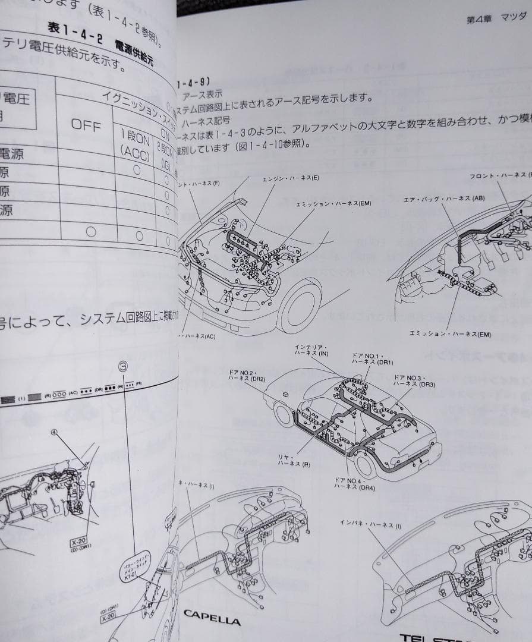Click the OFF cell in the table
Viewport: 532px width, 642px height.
click(x=87, y=125)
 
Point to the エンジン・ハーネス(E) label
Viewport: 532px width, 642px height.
click(x=291, y=178)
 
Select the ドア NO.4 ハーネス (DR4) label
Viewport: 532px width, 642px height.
click(x=355, y=483)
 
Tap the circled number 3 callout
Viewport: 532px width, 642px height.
click(x=124, y=367)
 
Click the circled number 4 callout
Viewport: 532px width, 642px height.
click(x=55, y=433)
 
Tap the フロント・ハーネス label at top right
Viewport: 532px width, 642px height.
click(x=498, y=176)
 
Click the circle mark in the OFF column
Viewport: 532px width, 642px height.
click(x=91, y=231)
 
